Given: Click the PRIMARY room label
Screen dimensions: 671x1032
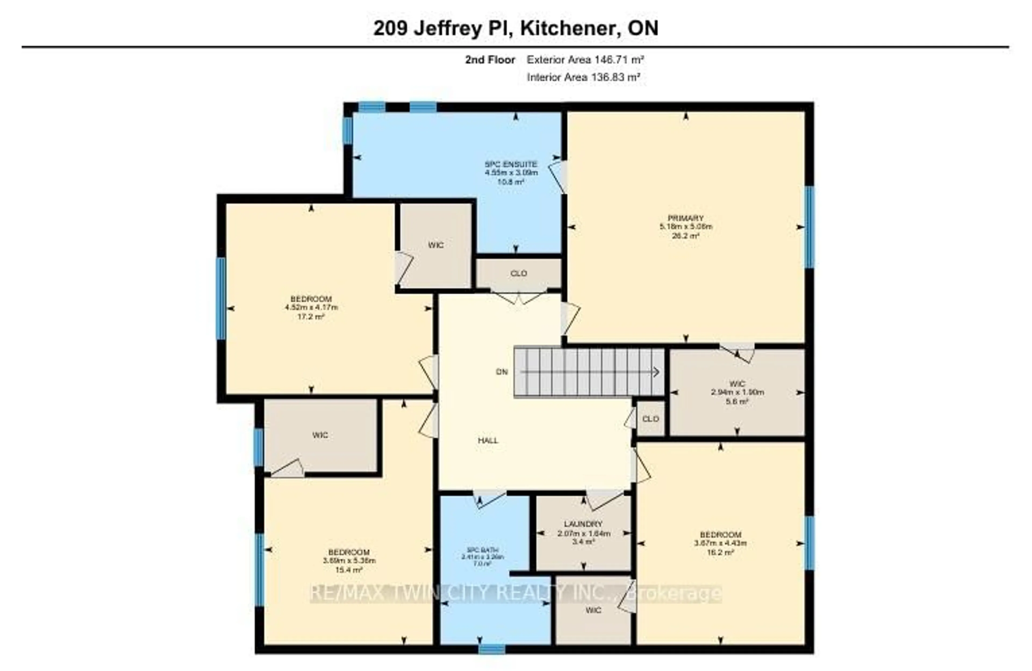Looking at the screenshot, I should tap(686, 218).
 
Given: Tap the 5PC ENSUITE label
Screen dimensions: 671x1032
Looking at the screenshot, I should tap(511, 164).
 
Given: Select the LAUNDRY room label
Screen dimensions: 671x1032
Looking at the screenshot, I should tap(583, 524).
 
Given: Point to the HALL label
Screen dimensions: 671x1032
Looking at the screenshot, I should tap(488, 440).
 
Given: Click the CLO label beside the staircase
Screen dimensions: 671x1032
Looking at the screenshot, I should tap(650, 419).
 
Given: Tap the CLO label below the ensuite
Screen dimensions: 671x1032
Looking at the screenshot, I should tap(519, 274).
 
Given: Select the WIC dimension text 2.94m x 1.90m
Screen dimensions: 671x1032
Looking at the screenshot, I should tap(737, 392).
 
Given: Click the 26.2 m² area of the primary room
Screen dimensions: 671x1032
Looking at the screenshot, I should tap(686, 236).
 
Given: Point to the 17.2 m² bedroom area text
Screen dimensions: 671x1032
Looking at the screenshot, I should tap(311, 317).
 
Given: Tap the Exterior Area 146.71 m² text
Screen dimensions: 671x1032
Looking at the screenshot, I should tap(585, 60).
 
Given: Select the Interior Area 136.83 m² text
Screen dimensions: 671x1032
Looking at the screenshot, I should tap(584, 78).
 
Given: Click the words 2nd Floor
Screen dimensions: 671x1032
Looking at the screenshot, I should tap(490, 60).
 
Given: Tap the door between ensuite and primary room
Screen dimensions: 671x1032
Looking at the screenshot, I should tap(558, 177).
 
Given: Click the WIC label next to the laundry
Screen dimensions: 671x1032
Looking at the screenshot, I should tap(593, 610).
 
